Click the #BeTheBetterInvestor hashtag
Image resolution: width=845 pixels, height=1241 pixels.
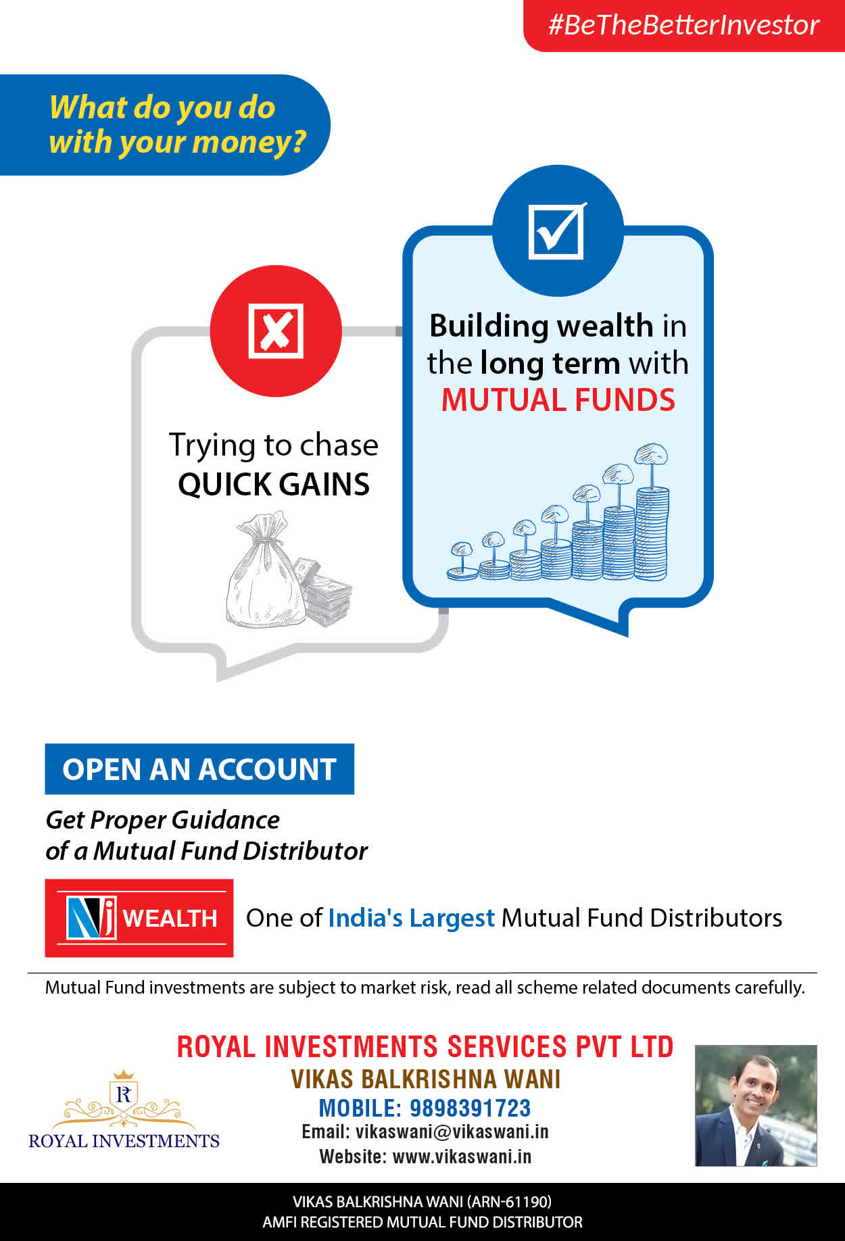(683, 25)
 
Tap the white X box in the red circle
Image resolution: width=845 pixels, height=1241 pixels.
(276, 331)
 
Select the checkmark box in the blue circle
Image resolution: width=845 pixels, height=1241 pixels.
(557, 230)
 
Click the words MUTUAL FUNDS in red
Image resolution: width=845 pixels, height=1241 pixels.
(558, 399)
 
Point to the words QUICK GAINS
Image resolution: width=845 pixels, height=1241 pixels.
(274, 484)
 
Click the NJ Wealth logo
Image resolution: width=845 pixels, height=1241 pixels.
(139, 918)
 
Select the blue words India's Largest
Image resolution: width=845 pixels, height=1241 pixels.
(411, 918)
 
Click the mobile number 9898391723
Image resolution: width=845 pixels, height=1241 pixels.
(470, 1108)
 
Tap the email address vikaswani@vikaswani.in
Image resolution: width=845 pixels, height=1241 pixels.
(452, 1131)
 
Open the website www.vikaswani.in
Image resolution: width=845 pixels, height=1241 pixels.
(462, 1157)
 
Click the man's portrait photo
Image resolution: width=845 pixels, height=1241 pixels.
(756, 1105)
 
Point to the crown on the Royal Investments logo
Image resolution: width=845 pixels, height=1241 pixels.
(124, 1075)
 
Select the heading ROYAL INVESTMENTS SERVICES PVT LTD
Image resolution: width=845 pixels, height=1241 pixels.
(425, 1046)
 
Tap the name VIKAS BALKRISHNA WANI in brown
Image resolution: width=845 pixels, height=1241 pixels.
(426, 1079)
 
